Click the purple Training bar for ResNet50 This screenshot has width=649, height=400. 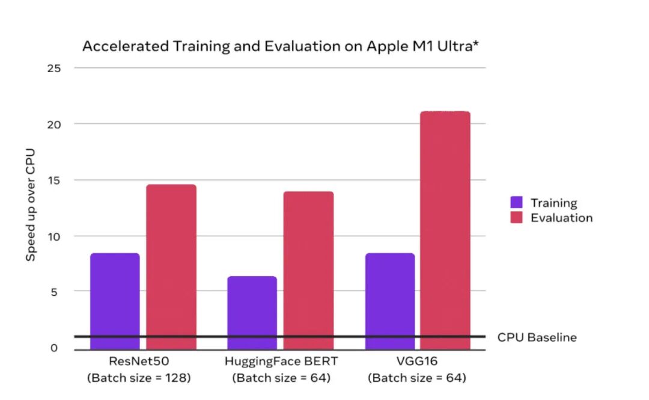[115, 301]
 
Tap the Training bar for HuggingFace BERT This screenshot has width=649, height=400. [252, 312]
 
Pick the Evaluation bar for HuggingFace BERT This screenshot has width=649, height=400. [308, 270]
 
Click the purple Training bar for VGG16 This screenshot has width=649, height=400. [390, 301]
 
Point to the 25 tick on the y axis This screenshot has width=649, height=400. [54, 68]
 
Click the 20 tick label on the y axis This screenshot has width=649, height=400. [54, 124]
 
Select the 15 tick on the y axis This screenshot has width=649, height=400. [54, 180]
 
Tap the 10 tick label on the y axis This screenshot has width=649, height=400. [54, 236]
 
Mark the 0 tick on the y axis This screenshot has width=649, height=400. [54, 348]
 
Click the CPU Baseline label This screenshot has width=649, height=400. [537, 337]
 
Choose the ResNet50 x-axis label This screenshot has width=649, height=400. [139, 363]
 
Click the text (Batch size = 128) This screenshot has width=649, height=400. [139, 378]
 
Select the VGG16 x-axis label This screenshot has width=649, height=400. [417, 363]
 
